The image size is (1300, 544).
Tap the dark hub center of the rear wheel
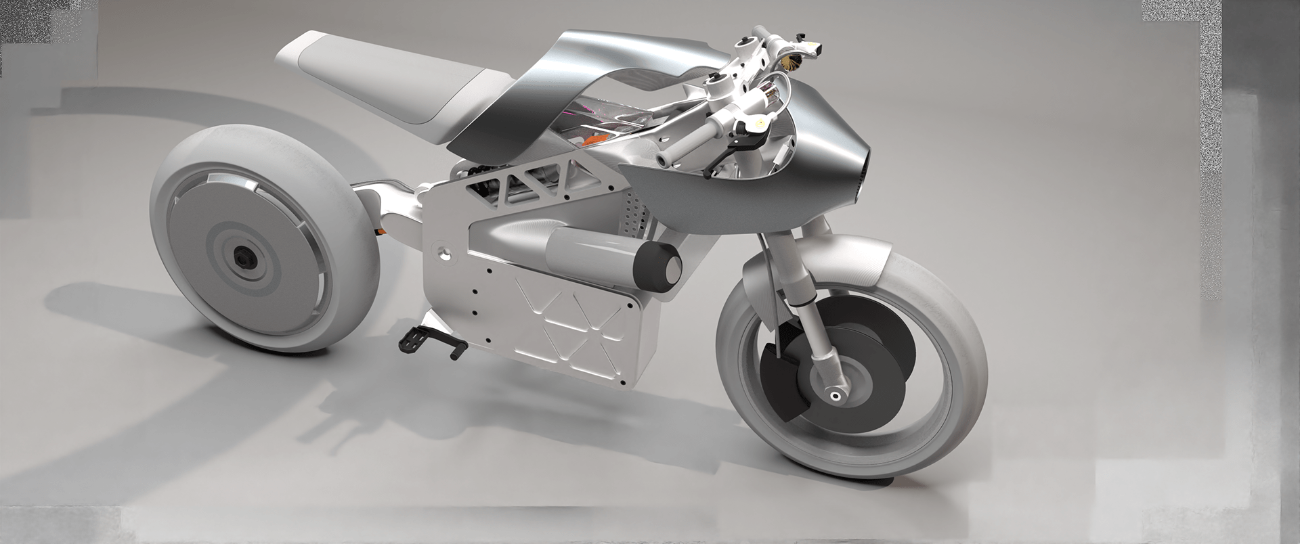pyautogui.click(x=241, y=257)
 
